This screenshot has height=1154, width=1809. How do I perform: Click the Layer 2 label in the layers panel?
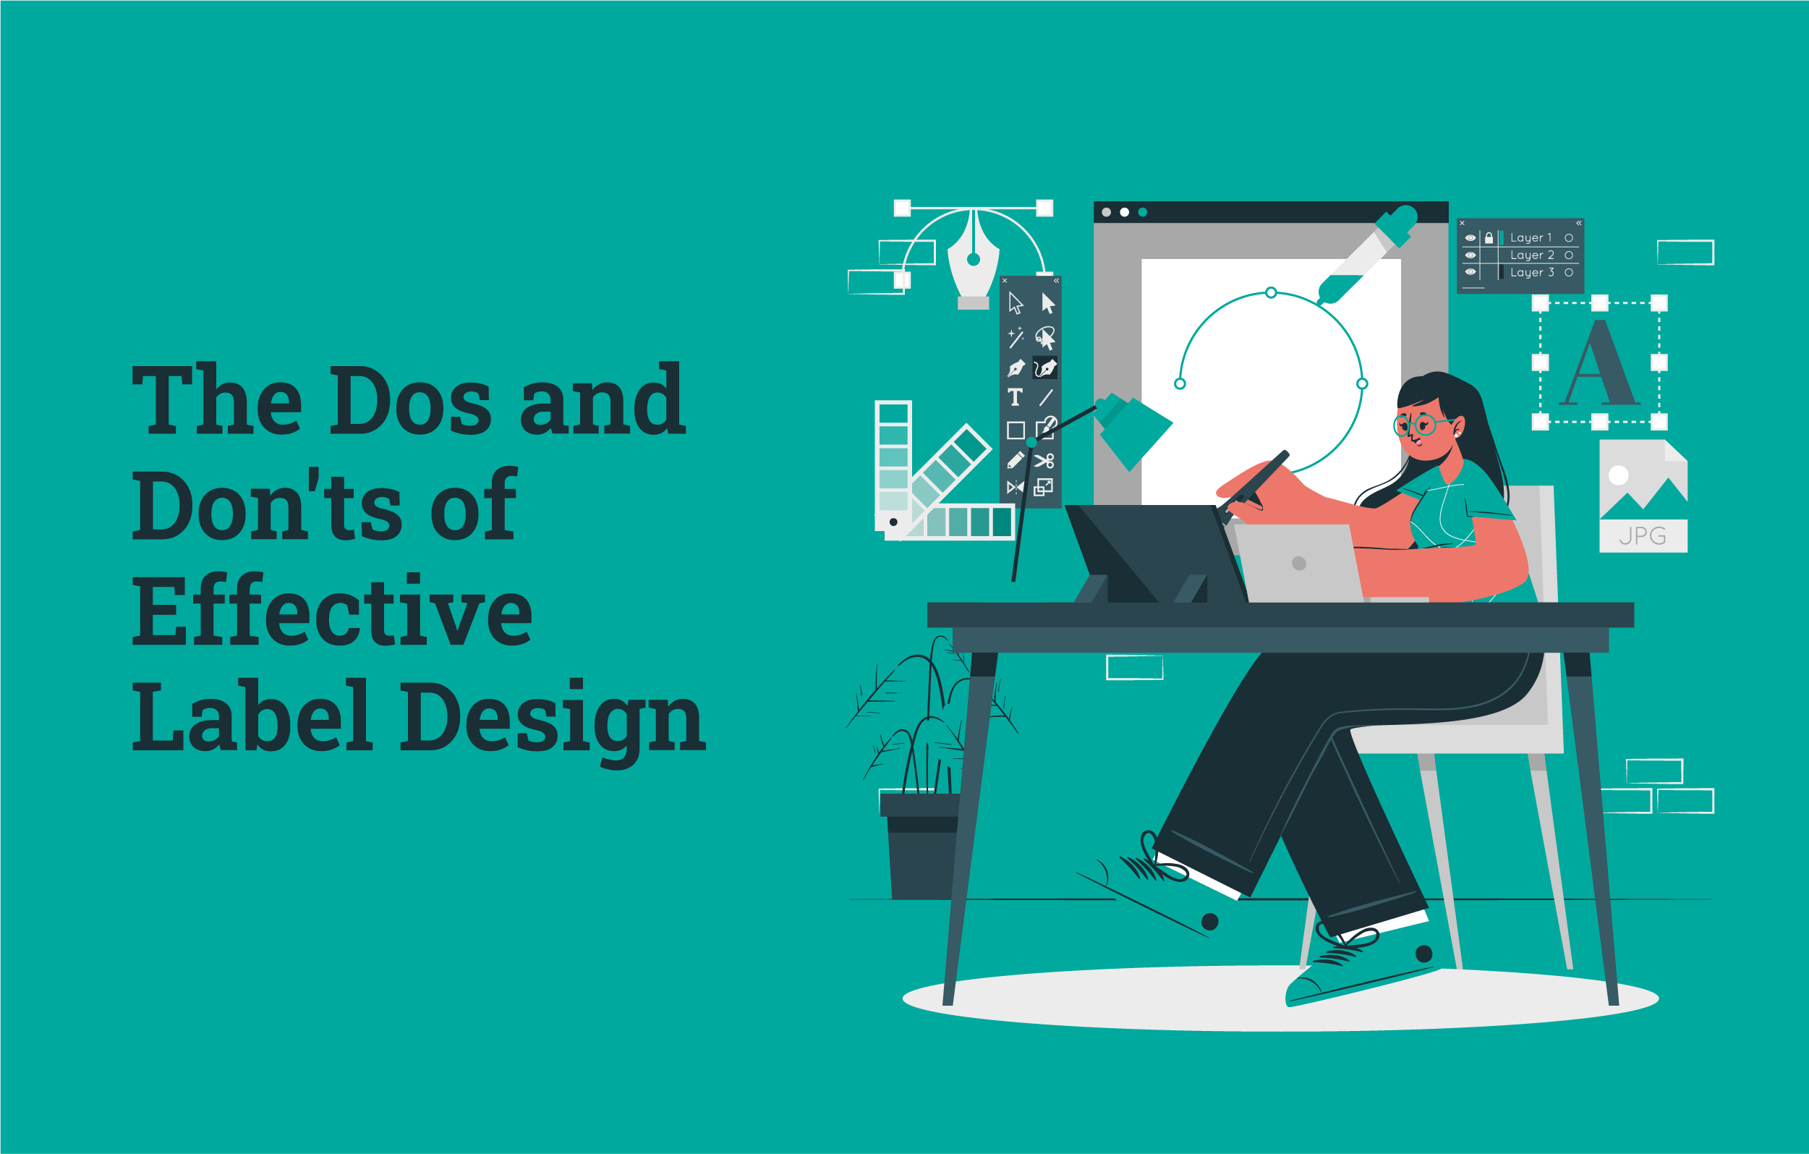point(1532,255)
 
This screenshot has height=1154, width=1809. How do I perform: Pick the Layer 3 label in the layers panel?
point(1532,273)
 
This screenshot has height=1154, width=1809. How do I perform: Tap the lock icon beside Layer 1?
point(1489,238)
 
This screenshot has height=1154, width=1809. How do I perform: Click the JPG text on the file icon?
point(1642,535)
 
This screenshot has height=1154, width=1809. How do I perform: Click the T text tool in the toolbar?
point(1015,396)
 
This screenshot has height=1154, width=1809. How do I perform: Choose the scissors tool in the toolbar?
point(1044,461)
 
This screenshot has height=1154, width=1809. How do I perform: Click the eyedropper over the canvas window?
point(1366,255)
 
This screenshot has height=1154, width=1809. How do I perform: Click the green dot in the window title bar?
point(1143,213)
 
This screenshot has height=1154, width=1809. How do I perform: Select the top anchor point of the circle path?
point(1271,292)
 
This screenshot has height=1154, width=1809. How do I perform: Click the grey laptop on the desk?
point(1298,564)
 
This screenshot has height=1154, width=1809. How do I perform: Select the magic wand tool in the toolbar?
point(1015,338)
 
